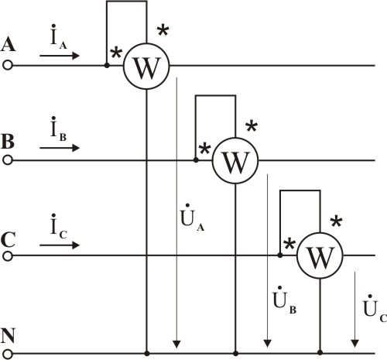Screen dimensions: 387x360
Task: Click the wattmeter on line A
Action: click(146, 67)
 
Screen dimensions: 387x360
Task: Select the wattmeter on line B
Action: click(235, 160)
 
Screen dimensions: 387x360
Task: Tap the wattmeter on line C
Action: click(320, 255)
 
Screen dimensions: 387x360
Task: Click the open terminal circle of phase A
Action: click(8, 66)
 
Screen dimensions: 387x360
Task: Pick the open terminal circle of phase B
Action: click(8, 160)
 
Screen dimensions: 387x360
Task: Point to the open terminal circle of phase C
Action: click(8, 256)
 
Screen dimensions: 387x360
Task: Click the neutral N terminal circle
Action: click(8, 353)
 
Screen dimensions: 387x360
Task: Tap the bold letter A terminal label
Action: click(8, 44)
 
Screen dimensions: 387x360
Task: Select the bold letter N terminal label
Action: click(8, 336)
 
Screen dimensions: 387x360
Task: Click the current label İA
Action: click(59, 36)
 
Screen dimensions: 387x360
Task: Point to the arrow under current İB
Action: click(60, 148)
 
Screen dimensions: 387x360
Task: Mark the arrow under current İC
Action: click(60, 245)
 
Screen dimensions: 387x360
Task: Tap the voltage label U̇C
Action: click(375, 308)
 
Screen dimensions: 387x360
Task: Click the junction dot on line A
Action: click(107, 66)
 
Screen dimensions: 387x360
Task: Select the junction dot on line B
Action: click(196, 160)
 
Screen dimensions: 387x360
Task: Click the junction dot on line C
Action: click(280, 255)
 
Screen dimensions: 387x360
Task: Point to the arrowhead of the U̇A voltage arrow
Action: click(176, 345)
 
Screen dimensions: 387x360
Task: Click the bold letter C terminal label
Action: click(8, 240)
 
